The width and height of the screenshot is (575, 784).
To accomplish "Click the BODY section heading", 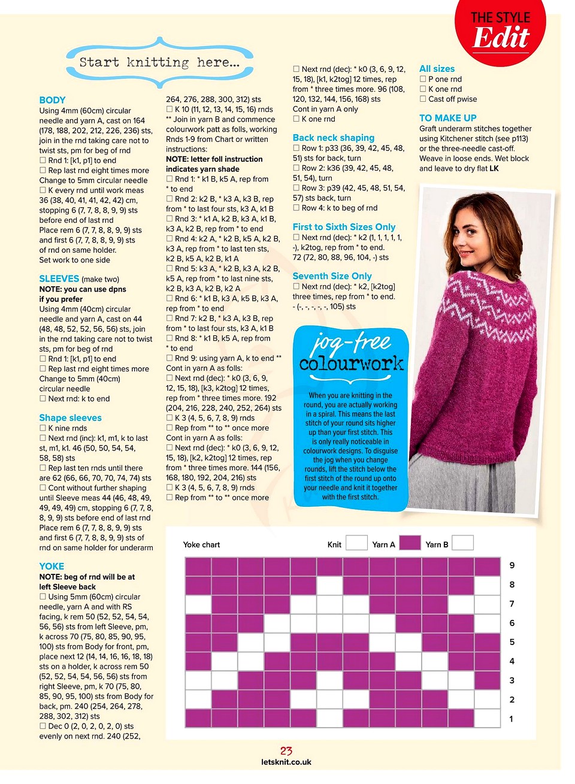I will (52, 100).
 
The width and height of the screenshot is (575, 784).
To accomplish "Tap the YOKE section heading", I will (52, 566).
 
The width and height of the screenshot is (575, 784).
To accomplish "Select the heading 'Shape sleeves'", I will (70, 417).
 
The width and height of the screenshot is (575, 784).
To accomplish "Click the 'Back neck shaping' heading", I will (333, 138).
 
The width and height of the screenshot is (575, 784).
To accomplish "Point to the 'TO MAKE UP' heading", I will (447, 118).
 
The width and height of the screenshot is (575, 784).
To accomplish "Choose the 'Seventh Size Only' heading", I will (332, 276).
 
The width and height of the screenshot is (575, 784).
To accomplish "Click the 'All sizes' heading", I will (437, 69).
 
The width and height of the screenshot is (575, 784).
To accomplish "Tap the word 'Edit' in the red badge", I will (501, 38).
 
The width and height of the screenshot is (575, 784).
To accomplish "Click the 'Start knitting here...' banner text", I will (159, 62).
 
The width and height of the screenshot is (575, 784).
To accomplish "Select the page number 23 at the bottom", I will (286, 751).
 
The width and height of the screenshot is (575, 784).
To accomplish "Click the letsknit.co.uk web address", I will (286, 762).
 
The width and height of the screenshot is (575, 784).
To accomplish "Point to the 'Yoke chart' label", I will (201, 544).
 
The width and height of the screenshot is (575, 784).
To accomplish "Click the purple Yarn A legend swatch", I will (410, 543).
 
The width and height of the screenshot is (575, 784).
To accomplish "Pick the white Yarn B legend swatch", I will (462, 543).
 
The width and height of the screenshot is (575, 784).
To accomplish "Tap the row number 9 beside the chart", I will (512, 565).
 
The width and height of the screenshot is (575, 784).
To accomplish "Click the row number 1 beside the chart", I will (511, 719).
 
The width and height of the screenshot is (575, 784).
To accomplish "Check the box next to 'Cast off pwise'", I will (423, 99).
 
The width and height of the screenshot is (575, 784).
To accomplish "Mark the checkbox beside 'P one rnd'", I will (423, 79).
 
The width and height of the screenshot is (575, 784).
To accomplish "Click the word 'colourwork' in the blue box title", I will (351, 364).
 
